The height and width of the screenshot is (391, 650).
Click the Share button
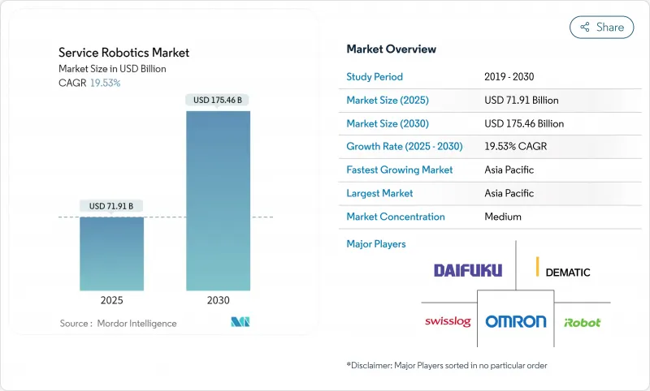(x=601, y=27)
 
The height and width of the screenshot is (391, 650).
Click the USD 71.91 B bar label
(x=111, y=206)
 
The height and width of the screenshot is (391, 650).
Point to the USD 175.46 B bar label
(x=218, y=101)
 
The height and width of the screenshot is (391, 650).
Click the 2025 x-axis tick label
(x=111, y=300)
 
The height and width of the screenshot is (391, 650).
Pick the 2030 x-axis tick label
(x=218, y=300)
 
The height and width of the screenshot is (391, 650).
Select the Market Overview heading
(x=391, y=49)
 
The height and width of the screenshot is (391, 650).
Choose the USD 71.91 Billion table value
(x=521, y=101)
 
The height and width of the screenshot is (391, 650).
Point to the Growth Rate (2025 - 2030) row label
(x=403, y=147)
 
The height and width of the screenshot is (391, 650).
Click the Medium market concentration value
(x=502, y=217)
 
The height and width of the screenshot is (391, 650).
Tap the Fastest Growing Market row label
(x=400, y=170)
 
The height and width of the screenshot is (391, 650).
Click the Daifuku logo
(x=468, y=270)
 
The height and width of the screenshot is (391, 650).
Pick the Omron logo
(x=516, y=321)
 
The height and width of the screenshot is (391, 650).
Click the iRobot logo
(x=582, y=322)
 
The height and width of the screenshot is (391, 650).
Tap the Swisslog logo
(x=448, y=321)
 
